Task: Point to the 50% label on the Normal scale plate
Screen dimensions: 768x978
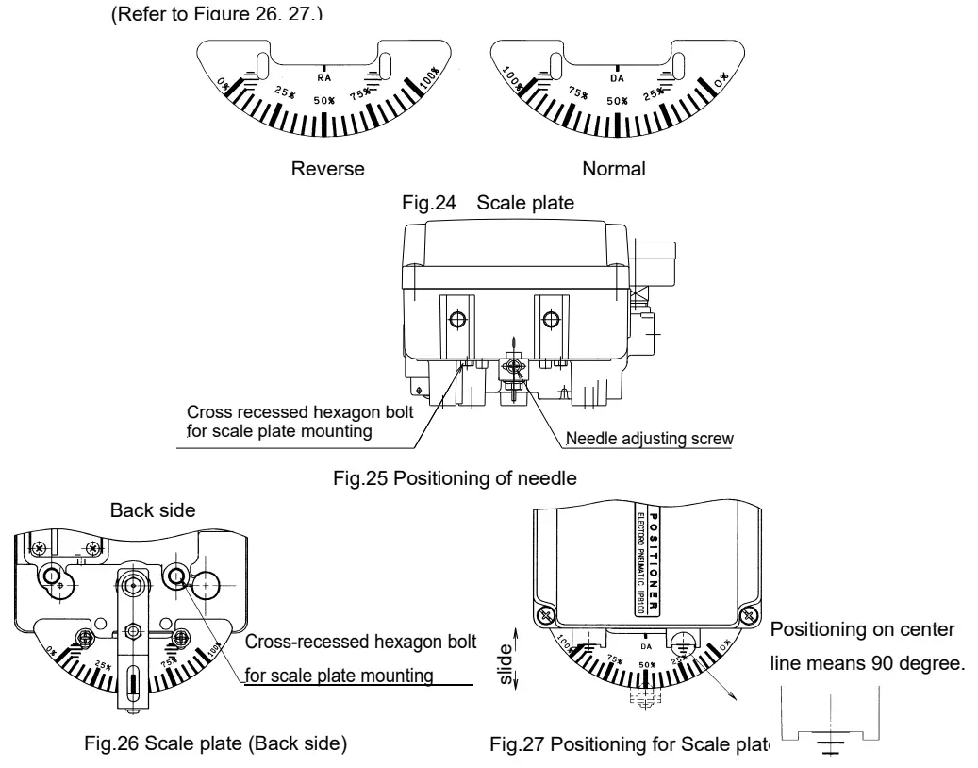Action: (x=617, y=100)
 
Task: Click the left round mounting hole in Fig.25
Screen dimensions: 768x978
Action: (x=457, y=321)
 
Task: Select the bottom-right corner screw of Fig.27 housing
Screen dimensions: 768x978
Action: (x=749, y=615)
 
